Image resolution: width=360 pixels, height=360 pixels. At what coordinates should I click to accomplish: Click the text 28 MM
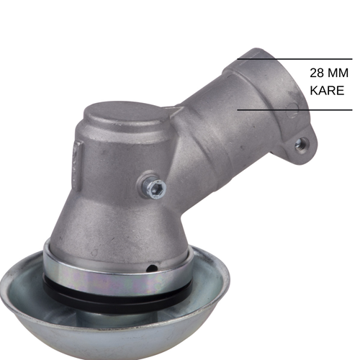click(328, 73)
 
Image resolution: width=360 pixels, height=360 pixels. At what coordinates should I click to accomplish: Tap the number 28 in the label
click(316, 73)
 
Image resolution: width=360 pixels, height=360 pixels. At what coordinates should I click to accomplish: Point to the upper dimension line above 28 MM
click(302, 59)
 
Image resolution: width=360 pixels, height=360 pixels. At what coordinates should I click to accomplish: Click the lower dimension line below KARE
click(302, 109)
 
